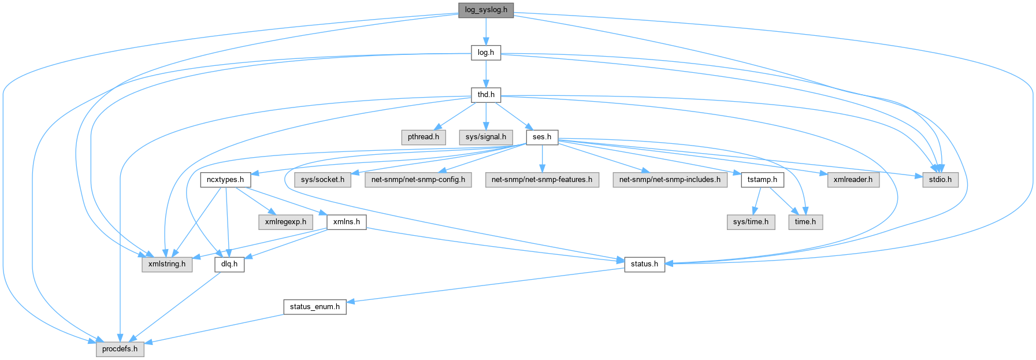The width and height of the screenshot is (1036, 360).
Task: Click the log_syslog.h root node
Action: [486, 10]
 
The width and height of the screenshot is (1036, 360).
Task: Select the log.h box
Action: [486, 53]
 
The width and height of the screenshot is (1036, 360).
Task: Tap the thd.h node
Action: [486, 95]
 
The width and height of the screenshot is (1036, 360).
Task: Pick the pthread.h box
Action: [424, 137]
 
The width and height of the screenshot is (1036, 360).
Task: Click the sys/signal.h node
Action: [486, 137]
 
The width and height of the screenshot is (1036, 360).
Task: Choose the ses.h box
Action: [542, 137]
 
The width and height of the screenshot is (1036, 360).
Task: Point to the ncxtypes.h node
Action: [225, 180]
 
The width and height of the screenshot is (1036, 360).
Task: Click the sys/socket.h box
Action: [322, 180]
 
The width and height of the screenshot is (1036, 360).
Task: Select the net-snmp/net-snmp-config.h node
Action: [418, 180]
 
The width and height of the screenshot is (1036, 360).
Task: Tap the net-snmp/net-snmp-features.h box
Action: [542, 180]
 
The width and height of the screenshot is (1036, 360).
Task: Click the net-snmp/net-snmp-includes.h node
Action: [670, 180]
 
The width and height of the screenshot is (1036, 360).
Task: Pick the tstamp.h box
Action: [762, 180]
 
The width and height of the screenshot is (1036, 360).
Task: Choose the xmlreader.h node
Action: [853, 180]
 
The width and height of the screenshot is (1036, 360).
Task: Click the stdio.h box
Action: [937, 180]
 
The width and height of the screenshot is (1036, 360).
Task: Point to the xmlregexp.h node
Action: [285, 222]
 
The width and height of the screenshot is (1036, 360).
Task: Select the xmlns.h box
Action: [347, 222]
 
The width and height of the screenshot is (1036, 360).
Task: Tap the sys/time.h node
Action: [751, 222]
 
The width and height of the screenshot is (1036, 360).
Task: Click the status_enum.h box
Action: [314, 307]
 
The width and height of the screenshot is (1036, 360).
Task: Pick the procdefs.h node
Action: [120, 349]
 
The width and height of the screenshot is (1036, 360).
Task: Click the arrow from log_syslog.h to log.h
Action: [486, 31]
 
